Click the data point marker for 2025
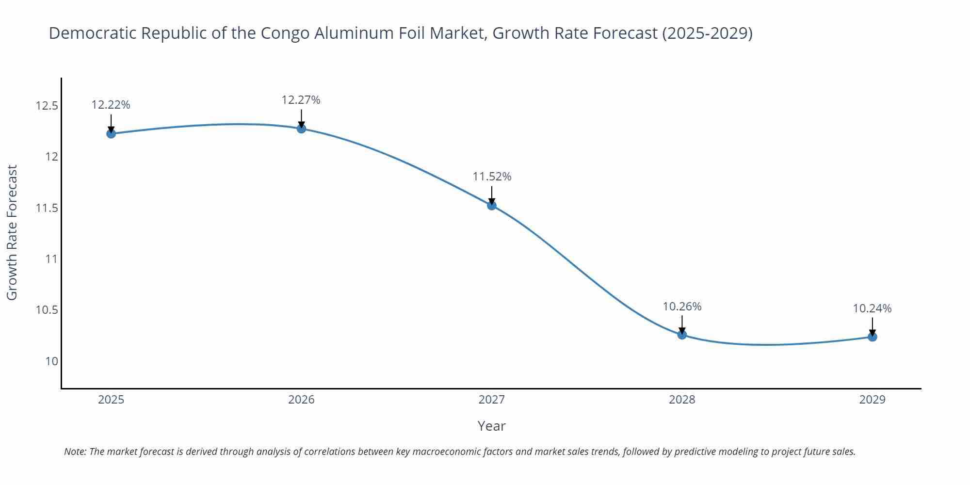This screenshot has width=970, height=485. point(111,133)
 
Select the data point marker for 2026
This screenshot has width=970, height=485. point(301,129)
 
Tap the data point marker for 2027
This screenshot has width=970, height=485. point(492,205)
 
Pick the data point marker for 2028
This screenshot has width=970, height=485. point(682,334)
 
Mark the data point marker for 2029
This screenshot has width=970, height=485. point(872,337)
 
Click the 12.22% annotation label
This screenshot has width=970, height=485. point(111,105)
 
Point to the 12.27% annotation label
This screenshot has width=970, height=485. point(301,100)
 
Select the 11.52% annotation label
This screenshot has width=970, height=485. point(492,177)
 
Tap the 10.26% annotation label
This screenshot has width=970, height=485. point(682,307)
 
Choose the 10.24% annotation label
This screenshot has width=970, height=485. point(872,308)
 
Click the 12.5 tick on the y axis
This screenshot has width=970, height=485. point(47,106)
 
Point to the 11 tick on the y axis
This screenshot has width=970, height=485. point(51,259)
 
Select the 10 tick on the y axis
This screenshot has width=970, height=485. point(51,361)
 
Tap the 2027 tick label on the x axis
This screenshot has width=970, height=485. point(492,400)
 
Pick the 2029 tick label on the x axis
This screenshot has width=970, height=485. point(872,400)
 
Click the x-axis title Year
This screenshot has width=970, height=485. point(491,426)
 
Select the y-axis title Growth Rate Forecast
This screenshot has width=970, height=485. point(12,232)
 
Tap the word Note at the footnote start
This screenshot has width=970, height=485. point(75,452)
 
